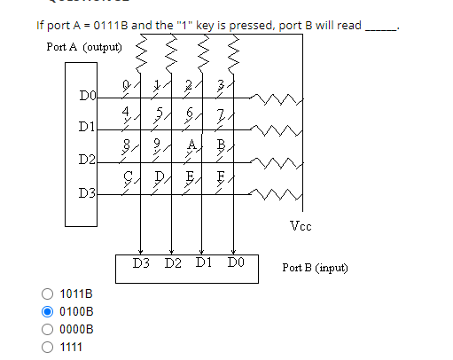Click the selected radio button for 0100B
47,311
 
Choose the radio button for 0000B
47,329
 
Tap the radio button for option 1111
47,346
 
